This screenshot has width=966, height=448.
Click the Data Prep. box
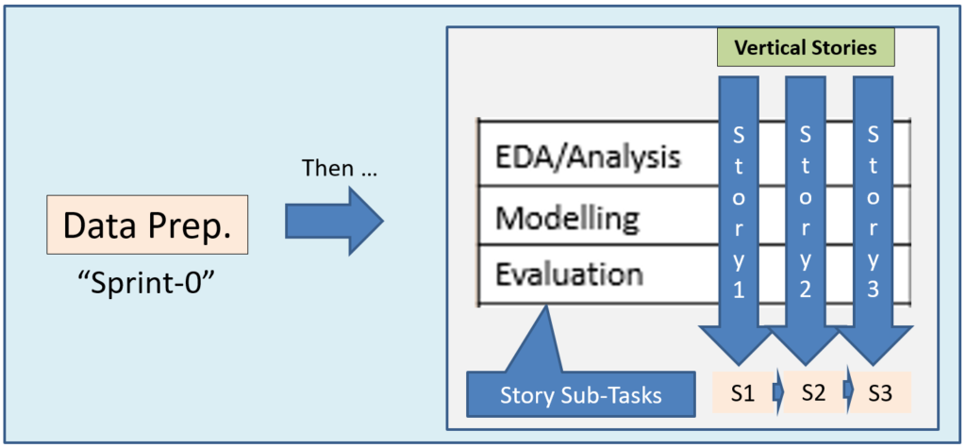tap(147, 224)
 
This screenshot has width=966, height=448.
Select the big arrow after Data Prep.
tap(335, 221)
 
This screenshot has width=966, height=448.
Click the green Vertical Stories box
tap(806, 47)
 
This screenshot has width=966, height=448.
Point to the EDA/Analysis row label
tap(589, 158)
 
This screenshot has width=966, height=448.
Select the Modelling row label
tap(566, 218)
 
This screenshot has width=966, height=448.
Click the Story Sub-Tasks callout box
tap(580, 394)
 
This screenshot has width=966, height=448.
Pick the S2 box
tap(812, 392)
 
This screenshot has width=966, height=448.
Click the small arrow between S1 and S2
tap(777, 392)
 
